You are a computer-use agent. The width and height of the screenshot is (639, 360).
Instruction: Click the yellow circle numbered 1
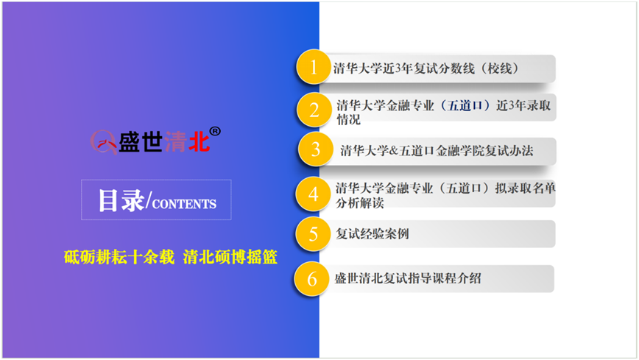(x=313, y=67)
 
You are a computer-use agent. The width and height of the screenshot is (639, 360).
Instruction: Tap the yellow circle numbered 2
(x=314, y=110)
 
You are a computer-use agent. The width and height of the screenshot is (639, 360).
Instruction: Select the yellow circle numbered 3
(x=315, y=149)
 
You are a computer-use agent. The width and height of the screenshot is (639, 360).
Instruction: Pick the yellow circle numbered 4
(x=313, y=194)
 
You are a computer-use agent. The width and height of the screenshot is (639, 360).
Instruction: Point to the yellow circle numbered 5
(x=313, y=234)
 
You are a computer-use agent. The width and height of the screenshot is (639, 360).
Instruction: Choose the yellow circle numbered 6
(x=311, y=279)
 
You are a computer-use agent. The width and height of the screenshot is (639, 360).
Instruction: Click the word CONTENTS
(x=184, y=204)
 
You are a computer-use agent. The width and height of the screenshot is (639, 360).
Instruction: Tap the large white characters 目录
(x=121, y=200)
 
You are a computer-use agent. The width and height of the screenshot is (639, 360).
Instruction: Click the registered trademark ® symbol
(x=215, y=131)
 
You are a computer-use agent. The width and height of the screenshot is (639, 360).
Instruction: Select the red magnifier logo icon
(x=104, y=142)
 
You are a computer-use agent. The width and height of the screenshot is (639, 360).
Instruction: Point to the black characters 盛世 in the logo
(x=141, y=142)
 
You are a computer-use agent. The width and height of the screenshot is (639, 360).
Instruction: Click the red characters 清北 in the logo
(x=187, y=142)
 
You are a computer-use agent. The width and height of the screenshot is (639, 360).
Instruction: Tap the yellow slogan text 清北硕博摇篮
(x=230, y=257)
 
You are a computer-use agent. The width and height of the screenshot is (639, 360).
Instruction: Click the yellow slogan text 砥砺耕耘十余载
(x=119, y=257)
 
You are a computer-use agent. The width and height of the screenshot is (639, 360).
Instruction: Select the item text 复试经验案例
(x=372, y=234)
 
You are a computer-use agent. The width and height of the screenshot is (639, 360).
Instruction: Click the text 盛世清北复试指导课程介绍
(x=408, y=278)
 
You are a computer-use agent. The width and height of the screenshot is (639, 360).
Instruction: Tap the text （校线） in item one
(x=500, y=68)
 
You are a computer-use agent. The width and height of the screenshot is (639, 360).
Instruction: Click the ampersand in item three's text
(x=394, y=151)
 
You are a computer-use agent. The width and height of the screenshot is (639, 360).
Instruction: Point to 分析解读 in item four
(x=360, y=202)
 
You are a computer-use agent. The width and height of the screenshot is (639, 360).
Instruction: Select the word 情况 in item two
(x=348, y=120)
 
